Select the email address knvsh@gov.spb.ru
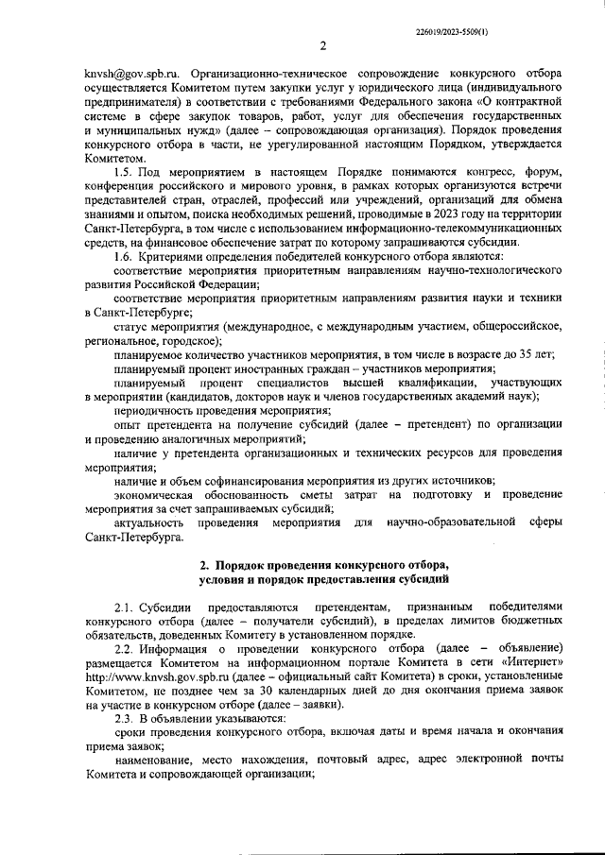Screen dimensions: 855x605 coord(130,73)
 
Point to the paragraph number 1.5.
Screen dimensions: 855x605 coord(124,173)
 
